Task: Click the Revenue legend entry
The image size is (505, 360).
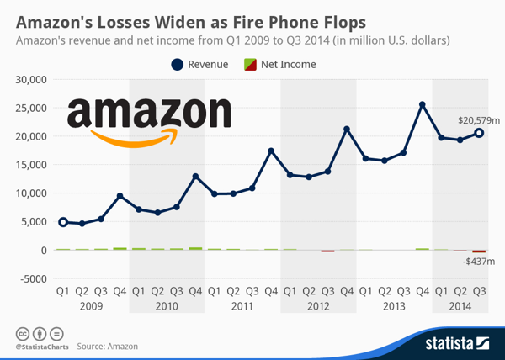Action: (199, 64)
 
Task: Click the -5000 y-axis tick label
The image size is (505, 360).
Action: (33, 278)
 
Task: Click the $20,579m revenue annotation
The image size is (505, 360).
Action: (477, 120)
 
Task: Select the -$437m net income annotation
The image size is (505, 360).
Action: (478, 263)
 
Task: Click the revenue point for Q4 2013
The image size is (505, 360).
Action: (422, 105)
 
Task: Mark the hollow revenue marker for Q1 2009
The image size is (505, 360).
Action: (62, 222)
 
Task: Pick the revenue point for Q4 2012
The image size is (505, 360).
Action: (346, 130)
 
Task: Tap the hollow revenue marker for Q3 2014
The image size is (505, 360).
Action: (479, 133)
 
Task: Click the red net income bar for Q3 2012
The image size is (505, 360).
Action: (327, 251)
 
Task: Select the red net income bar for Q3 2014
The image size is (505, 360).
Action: (479, 251)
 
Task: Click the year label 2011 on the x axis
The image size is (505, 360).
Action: (242, 305)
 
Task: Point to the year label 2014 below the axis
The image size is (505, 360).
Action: (460, 305)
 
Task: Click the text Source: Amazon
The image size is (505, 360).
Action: (107, 346)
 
